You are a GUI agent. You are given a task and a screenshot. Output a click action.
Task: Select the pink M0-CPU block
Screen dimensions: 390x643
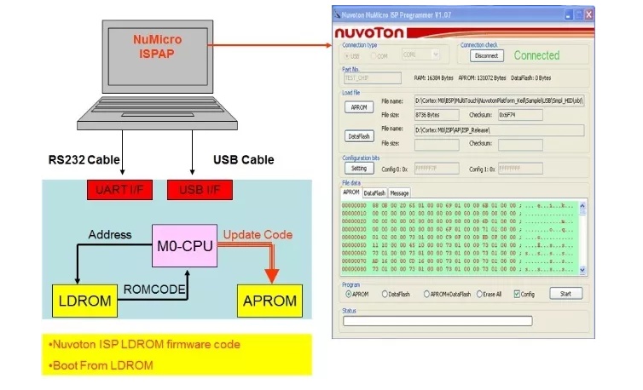click(x=186, y=246)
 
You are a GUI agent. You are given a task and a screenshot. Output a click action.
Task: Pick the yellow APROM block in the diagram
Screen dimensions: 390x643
click(x=271, y=301)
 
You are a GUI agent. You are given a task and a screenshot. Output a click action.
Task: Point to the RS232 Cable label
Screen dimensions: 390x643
click(x=84, y=159)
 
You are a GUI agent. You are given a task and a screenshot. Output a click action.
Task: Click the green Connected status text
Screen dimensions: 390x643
click(x=536, y=55)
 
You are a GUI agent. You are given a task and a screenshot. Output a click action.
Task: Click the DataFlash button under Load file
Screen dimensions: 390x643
click(x=359, y=135)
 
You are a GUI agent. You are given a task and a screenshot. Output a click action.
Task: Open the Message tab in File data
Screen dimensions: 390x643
click(x=399, y=193)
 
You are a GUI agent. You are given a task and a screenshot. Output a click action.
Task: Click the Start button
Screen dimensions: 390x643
click(x=565, y=293)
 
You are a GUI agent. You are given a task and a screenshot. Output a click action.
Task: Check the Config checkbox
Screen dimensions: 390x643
click(x=517, y=294)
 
